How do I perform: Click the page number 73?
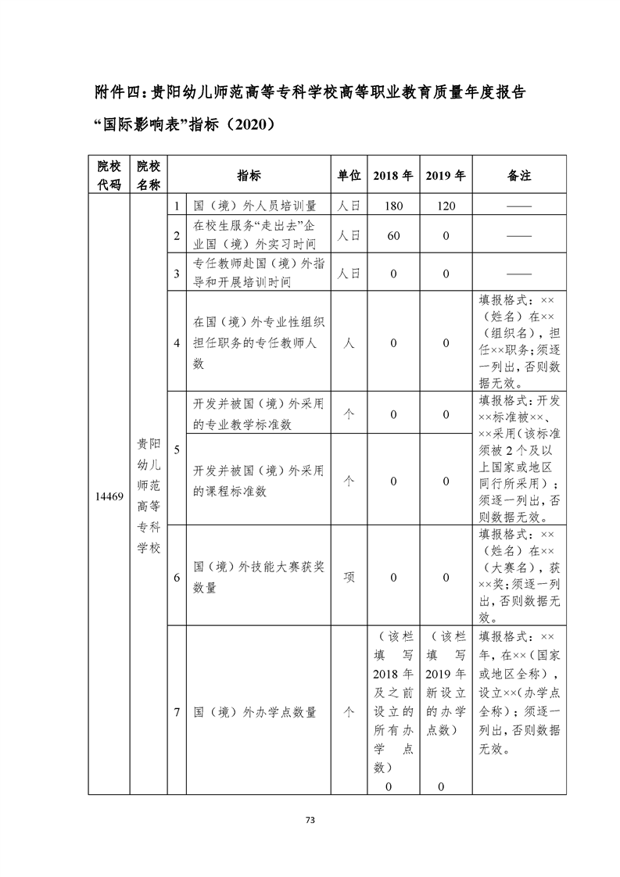310,820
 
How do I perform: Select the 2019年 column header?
446,176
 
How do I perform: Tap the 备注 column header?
519,176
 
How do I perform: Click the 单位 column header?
349,176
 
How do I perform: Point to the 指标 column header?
249,176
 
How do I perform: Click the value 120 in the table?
446,206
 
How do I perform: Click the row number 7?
177,712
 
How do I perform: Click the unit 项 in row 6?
349,578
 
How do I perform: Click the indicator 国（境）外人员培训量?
255,206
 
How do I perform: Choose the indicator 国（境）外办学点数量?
255,712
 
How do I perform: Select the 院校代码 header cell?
109,176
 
